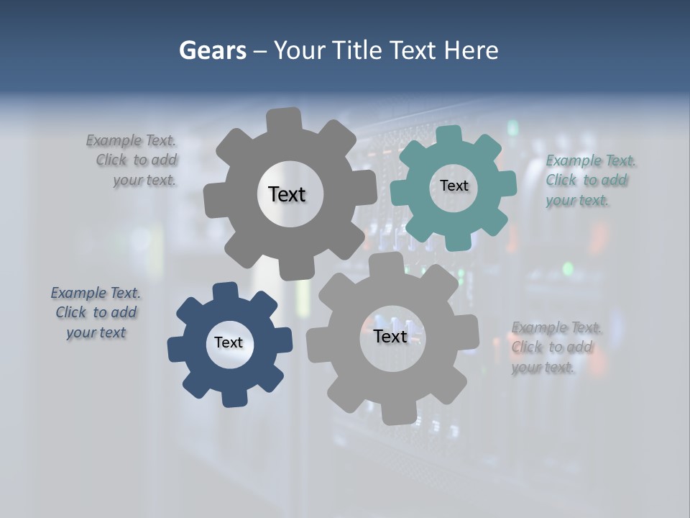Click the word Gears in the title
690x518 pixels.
(x=212, y=50)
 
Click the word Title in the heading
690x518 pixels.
(x=360, y=50)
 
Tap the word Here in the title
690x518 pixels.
(x=471, y=50)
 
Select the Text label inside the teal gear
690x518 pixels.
(x=454, y=186)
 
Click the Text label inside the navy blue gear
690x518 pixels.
(x=229, y=342)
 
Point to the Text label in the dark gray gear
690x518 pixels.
(x=287, y=194)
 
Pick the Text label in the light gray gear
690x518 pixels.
(x=390, y=336)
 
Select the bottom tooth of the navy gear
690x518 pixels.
(x=233, y=397)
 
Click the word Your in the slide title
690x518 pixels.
(x=302, y=50)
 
